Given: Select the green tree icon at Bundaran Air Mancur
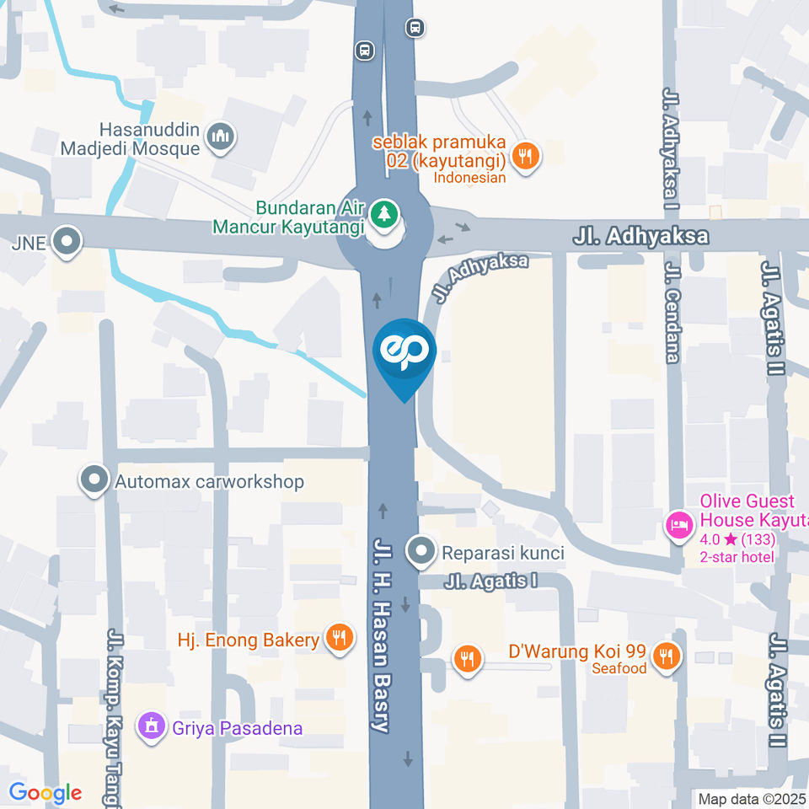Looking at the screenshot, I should tap(384, 212).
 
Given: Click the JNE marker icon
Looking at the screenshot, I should tap(66, 243).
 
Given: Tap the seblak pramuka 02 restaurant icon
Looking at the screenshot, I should tap(527, 155).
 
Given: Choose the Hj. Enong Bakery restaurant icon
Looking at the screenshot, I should tap(340, 639).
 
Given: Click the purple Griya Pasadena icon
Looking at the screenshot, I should tap(152, 726).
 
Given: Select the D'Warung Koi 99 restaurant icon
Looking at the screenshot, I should tap(667, 656).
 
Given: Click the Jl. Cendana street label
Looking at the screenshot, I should tap(672, 312).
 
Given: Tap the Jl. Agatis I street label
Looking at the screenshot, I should tap(491, 581).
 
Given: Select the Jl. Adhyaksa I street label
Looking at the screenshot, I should tap(672, 143).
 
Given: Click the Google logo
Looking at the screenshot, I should tap(46, 793).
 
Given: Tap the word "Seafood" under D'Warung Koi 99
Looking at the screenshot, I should tap(619, 668).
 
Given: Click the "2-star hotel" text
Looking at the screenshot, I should tap(737, 557).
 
